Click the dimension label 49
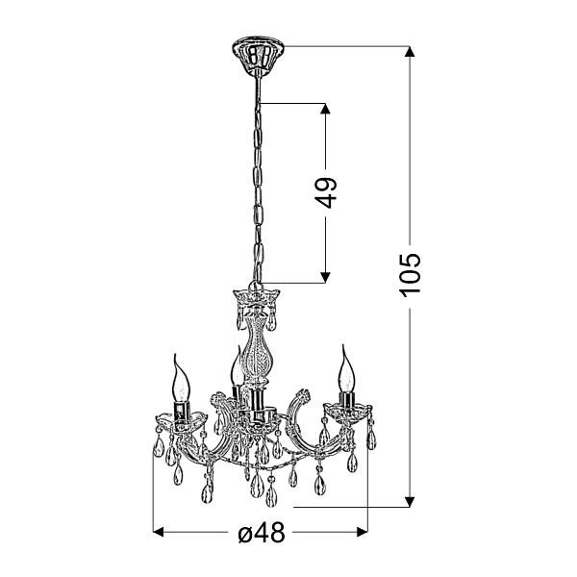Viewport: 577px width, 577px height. click(325, 192)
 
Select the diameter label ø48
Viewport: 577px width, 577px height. click(262, 533)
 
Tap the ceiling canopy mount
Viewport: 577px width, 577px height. click(259, 54)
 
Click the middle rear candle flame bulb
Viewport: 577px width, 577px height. click(237, 366)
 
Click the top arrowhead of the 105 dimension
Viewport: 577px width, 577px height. click(410, 52)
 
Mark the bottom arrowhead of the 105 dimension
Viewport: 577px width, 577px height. click(410, 502)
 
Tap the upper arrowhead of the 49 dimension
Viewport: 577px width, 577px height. click(325, 109)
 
